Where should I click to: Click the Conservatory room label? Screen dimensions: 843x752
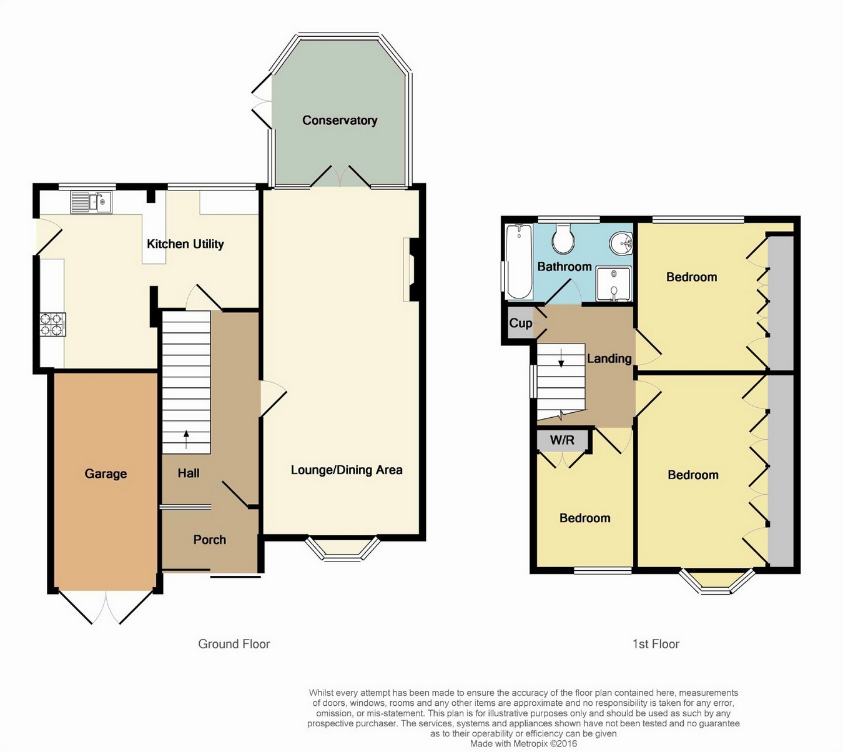(340, 121)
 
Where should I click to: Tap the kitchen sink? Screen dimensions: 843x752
(91, 202)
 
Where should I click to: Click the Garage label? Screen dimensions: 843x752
(106, 473)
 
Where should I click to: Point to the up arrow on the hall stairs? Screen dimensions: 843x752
(186, 440)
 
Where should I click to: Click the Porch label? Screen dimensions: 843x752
(210, 540)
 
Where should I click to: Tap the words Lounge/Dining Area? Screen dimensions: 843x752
(347, 470)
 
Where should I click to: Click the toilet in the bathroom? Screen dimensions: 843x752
(563, 239)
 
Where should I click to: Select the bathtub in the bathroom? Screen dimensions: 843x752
(520, 261)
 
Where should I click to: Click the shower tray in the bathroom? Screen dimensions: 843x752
(613, 284)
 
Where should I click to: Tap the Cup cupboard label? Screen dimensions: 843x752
(521, 323)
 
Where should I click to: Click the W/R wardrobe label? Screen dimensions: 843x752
(562, 440)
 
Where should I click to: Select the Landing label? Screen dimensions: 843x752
(609, 359)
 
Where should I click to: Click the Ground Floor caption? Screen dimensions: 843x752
(234, 644)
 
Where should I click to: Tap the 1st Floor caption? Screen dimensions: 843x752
(656, 644)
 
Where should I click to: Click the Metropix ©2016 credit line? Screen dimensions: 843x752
(523, 744)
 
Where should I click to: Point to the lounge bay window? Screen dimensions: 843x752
(342, 548)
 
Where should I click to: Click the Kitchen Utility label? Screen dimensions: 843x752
(185, 244)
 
